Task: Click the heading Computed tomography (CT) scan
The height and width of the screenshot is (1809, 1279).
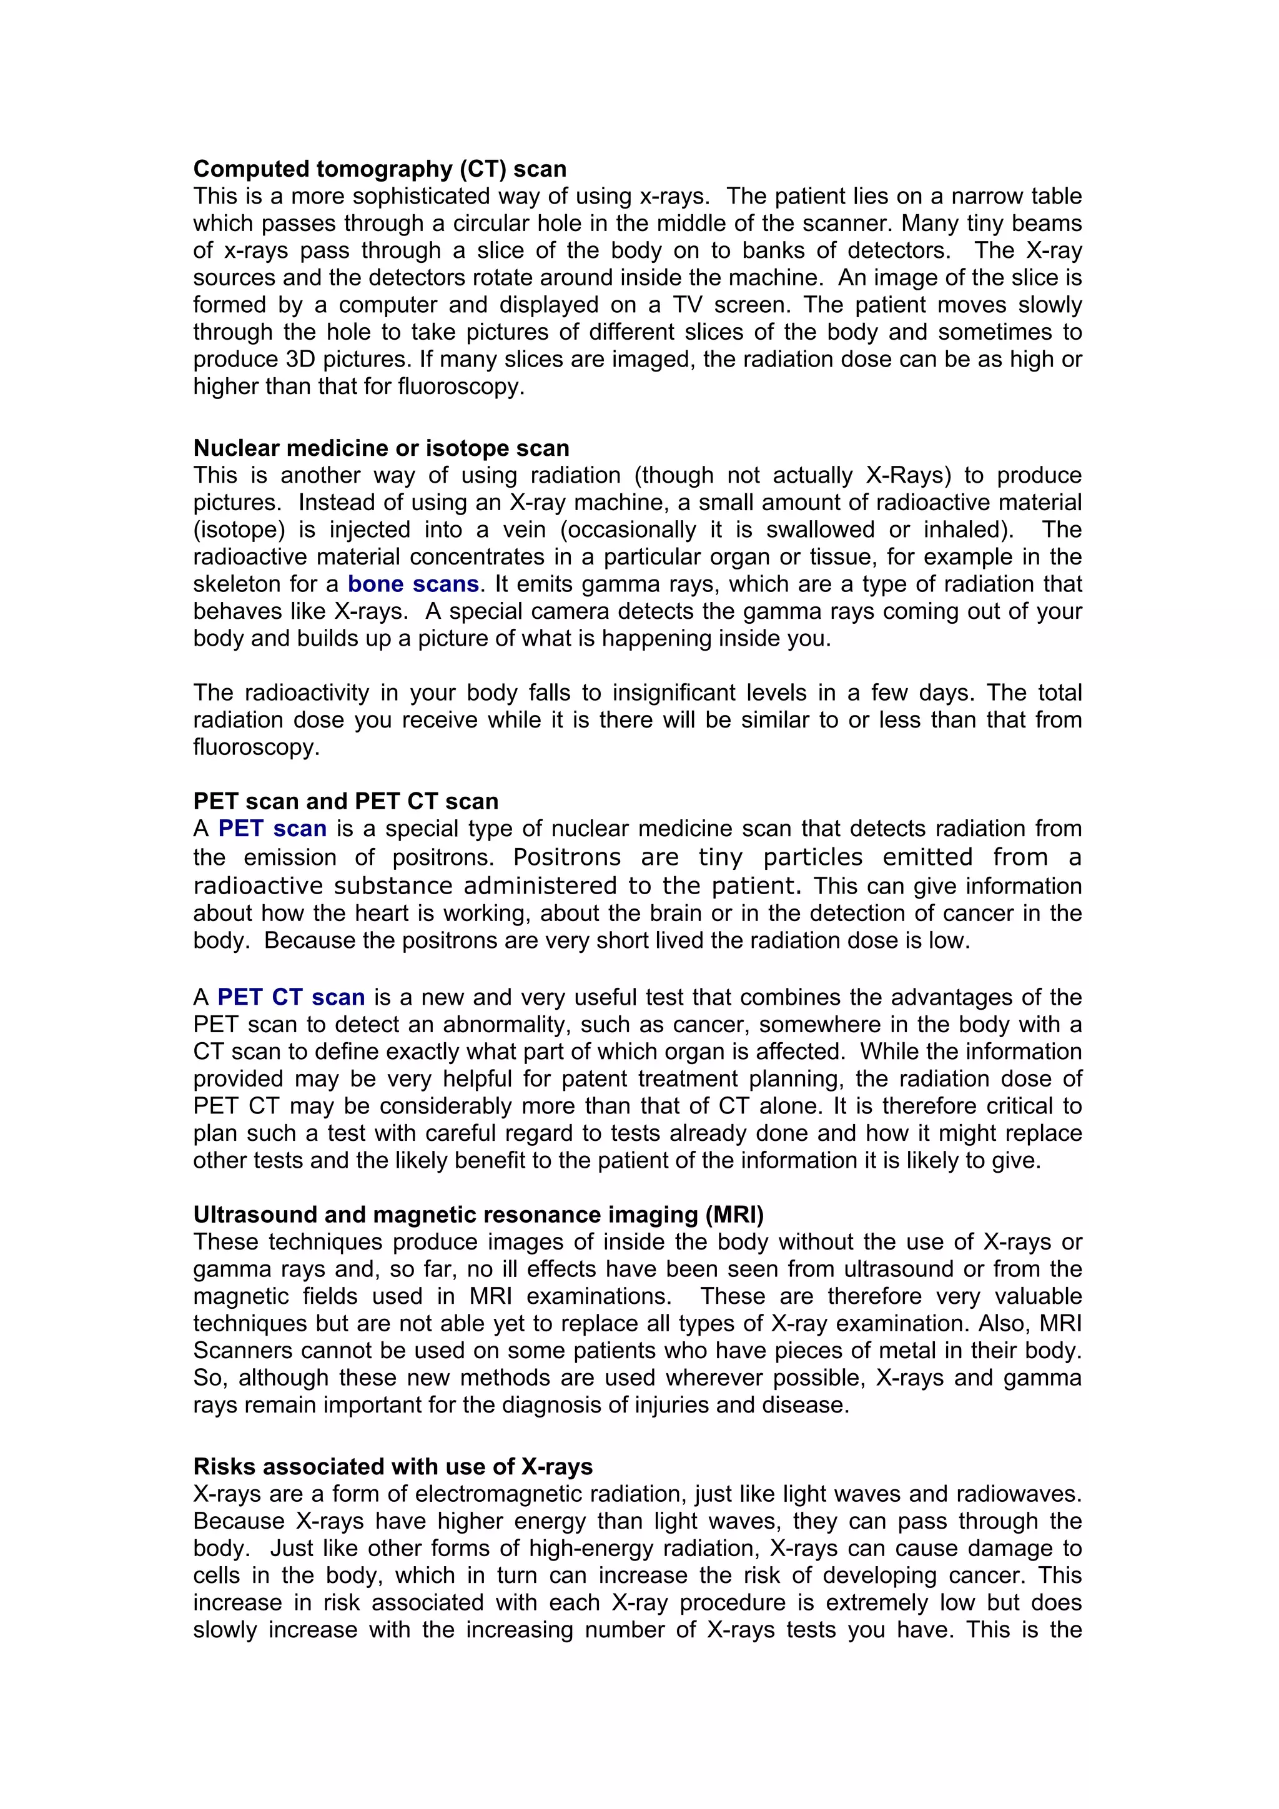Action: [x=379, y=169]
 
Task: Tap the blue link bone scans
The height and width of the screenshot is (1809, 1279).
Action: [x=413, y=584]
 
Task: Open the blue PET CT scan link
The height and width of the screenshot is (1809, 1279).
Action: [x=291, y=997]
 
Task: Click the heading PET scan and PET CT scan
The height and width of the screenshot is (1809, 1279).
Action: [x=345, y=801]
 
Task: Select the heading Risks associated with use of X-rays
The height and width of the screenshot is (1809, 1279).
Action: [x=392, y=1466]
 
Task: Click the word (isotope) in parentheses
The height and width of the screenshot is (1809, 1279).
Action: [x=239, y=530]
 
